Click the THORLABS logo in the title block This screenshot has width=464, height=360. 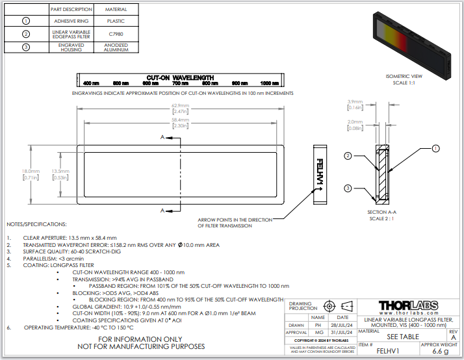(x=407, y=306)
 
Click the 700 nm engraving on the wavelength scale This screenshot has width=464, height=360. (x=179, y=83)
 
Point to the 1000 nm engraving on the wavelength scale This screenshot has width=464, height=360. (x=270, y=83)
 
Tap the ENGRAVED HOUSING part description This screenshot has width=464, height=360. (x=71, y=46)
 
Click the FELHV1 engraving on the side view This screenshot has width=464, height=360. (x=319, y=174)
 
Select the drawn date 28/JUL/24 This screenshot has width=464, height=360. (x=342, y=324)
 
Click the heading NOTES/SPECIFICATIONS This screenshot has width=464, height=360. (x=36, y=224)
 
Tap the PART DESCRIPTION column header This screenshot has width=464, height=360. (x=71, y=10)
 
